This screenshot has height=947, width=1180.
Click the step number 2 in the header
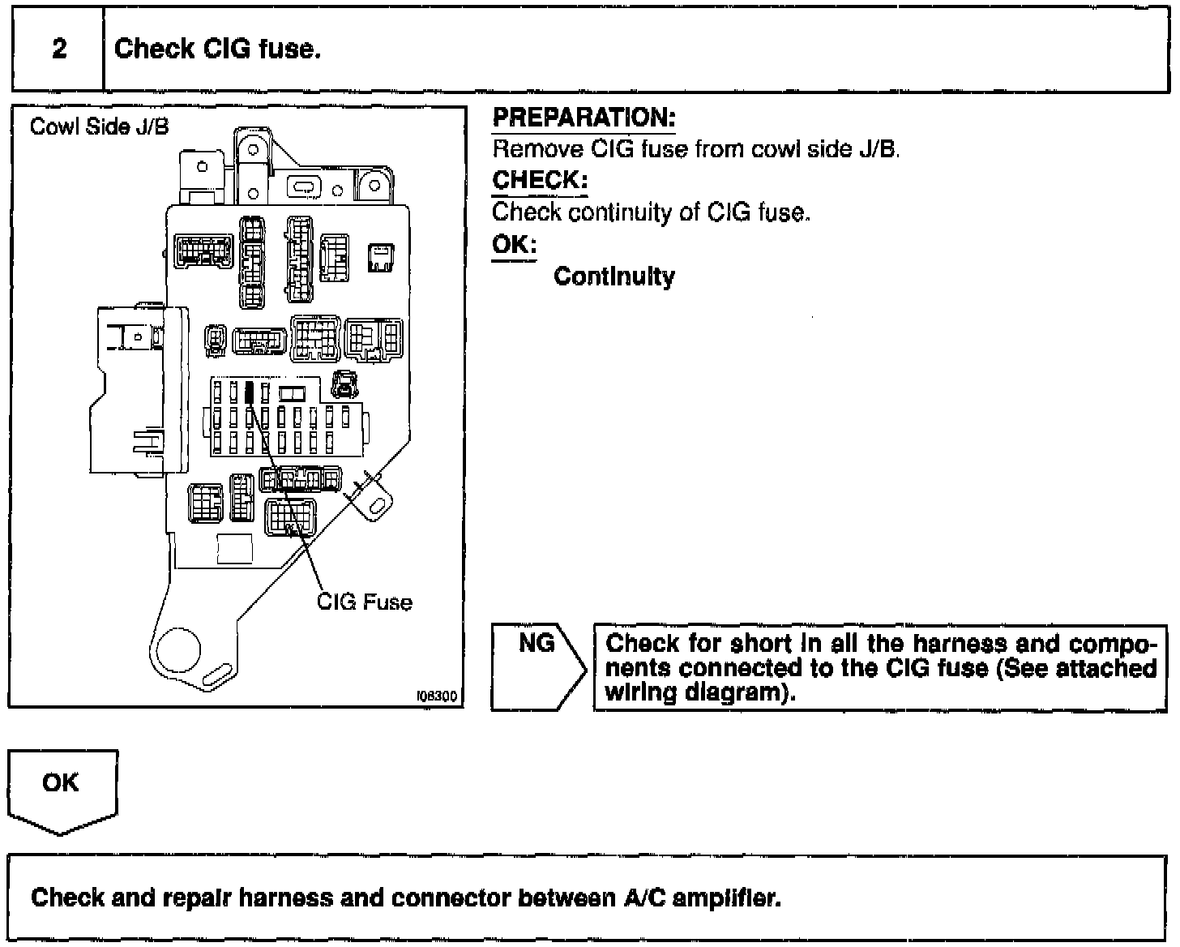pos(60,49)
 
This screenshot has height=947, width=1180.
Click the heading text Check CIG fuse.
pos(217,49)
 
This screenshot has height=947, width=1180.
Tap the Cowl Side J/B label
pos(99,126)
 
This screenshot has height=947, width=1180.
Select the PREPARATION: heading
pos(584,118)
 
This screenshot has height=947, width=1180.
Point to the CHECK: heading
pos(540,180)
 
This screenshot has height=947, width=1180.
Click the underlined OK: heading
pos(515,244)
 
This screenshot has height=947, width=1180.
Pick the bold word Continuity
pos(614,276)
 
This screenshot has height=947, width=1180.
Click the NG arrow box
pos(538,666)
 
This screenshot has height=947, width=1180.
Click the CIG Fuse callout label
pos(365,602)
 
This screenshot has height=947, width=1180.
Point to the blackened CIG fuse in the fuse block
pos(250,392)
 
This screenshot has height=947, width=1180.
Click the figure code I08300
pos(437,696)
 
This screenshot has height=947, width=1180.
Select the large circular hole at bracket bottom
pos(178,649)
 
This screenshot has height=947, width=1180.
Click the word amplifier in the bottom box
pos(726,898)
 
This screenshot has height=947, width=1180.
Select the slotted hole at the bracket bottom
pos(217,675)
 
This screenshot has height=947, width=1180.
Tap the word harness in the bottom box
pos(286,898)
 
